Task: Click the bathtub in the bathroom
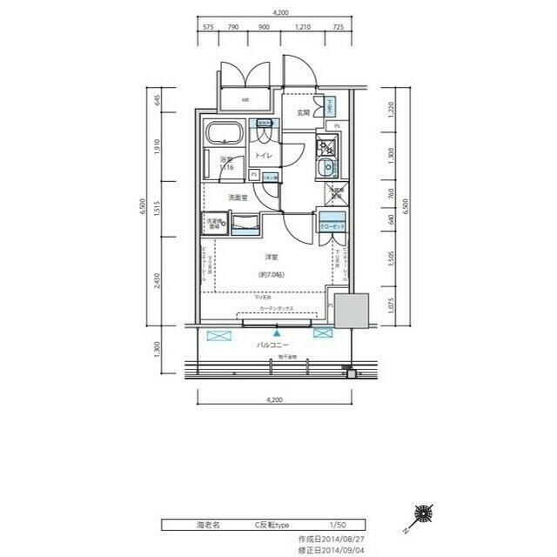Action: pos(225,134)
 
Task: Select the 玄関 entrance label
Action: pos(302,112)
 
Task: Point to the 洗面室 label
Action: pos(238,198)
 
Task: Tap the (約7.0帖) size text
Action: pos(271,274)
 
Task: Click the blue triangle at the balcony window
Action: pos(277,332)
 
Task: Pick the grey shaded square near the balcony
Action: pos(352,312)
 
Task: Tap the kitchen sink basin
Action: pos(329,167)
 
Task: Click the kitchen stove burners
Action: pos(329,145)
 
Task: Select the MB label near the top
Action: pos(245,100)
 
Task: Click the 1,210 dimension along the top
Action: pos(303,27)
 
